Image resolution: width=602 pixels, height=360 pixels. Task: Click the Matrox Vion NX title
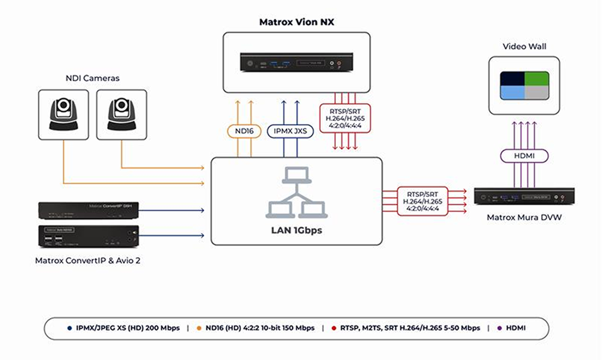tap(296, 22)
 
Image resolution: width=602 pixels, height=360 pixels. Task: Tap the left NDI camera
tap(63, 114)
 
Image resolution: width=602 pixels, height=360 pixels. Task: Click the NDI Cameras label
tap(92, 78)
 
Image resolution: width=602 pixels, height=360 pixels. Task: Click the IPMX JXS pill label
tap(290, 130)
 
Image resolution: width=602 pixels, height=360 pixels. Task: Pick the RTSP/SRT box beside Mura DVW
tap(422, 199)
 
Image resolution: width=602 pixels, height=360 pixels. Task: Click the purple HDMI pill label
tap(522, 156)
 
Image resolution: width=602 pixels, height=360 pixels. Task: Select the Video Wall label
tap(521, 46)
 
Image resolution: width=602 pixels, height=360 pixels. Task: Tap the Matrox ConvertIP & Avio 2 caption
tap(88, 260)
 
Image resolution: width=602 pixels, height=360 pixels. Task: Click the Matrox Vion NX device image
tap(297, 62)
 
